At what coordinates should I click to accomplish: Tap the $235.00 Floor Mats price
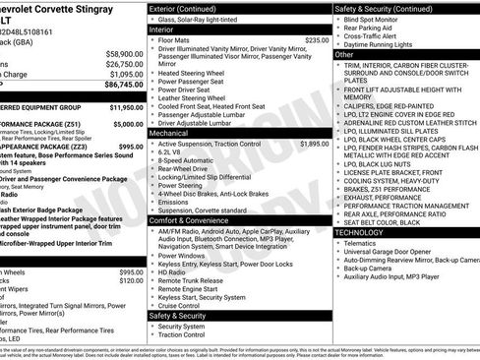click(x=317, y=40)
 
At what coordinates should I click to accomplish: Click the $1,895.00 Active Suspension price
click(x=315, y=144)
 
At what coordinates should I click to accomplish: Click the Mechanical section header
click(x=168, y=132)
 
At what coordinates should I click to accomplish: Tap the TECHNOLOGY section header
click(x=360, y=231)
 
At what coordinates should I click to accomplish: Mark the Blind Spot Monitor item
click(x=373, y=19)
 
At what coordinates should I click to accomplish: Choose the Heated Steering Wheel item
click(x=193, y=72)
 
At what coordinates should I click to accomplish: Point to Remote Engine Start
click(x=187, y=288)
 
